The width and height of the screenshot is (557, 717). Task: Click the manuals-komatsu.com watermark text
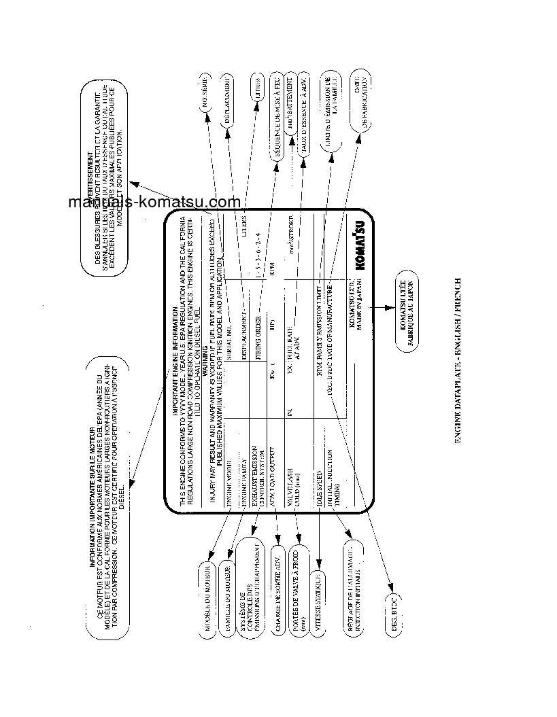click(154, 202)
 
